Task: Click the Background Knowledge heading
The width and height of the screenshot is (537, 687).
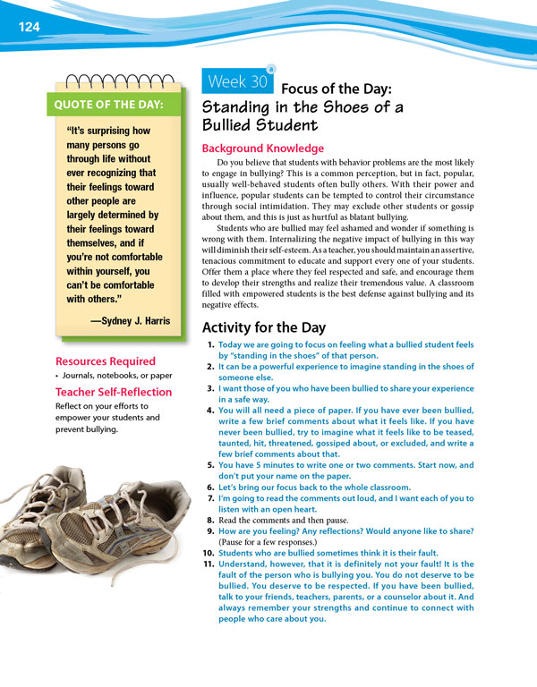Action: [263, 148]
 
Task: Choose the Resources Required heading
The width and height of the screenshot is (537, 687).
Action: [105, 361]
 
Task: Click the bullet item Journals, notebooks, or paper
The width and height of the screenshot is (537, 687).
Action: [110, 376]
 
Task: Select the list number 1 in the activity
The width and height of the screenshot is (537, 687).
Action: [209, 344]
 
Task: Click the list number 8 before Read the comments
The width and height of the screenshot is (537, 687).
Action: [209, 519]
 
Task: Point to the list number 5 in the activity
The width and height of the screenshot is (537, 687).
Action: [209, 465]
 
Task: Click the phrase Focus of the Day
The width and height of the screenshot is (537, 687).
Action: [337, 89]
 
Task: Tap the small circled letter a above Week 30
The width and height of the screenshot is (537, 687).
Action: [271, 67]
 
